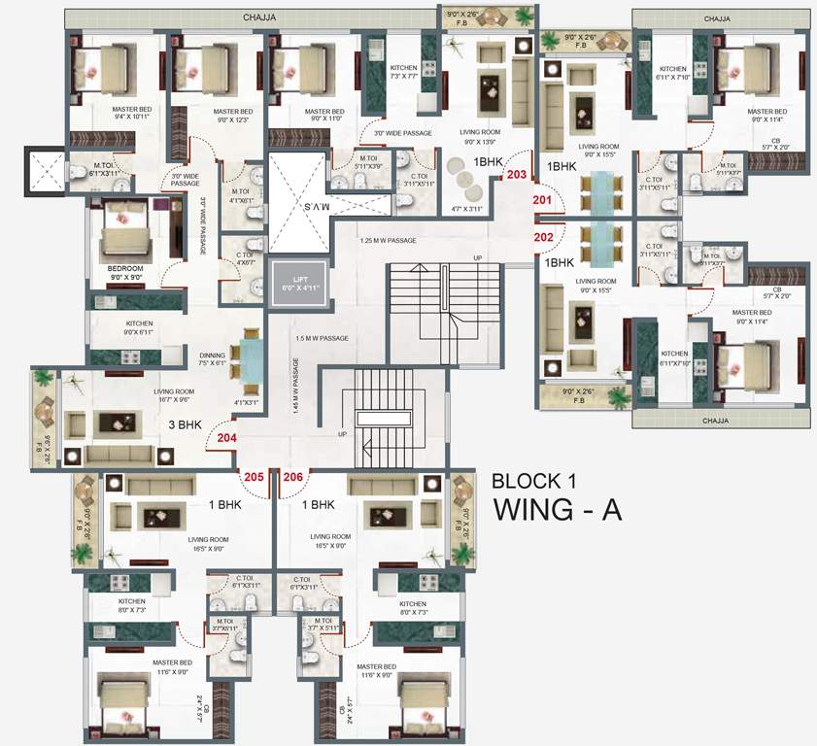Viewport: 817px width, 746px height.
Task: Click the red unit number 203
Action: [516, 176]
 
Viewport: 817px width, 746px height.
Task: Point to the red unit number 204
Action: [226, 438]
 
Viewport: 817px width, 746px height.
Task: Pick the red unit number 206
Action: [293, 477]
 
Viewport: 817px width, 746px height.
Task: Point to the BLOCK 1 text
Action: [540, 480]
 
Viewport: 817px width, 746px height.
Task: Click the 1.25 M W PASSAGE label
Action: [388, 240]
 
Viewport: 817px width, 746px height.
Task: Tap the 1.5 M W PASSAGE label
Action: [322, 338]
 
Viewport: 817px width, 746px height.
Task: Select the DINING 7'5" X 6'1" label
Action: [212, 359]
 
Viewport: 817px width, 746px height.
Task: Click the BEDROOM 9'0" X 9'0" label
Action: [125, 272]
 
